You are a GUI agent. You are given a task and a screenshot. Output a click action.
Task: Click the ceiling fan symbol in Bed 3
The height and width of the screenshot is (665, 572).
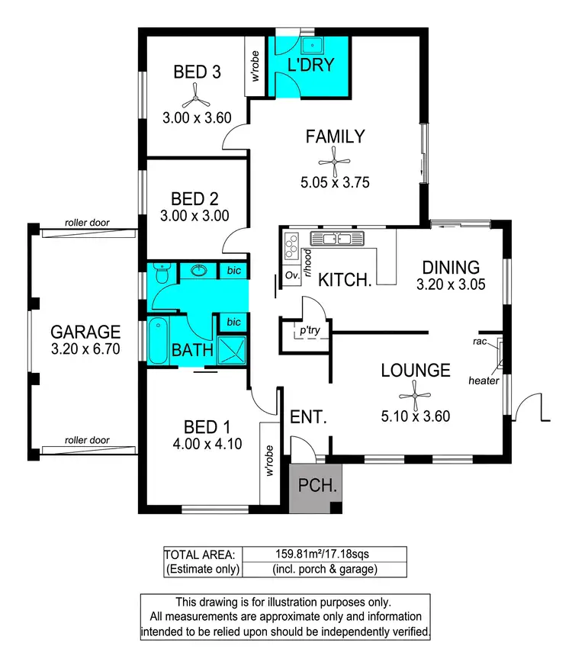196,96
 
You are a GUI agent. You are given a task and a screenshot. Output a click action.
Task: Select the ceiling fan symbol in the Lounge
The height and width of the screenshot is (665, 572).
415,394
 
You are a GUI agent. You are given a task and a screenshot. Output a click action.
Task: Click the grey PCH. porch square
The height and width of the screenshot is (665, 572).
315,487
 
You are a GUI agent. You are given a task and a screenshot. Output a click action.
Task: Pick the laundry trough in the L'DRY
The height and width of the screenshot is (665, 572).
312,45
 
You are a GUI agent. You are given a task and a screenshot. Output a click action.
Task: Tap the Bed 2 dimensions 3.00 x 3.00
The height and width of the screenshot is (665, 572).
195,216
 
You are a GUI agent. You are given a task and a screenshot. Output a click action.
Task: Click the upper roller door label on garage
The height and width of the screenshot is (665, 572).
87,223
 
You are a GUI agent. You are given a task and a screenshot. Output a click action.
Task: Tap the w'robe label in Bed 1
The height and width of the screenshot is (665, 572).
270,462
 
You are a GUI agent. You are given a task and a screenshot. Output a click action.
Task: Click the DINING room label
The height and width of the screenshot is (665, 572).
451,268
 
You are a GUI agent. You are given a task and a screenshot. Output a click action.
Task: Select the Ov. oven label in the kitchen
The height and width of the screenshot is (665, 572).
291,275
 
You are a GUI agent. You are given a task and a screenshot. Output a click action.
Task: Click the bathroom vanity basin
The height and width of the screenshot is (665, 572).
200,271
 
